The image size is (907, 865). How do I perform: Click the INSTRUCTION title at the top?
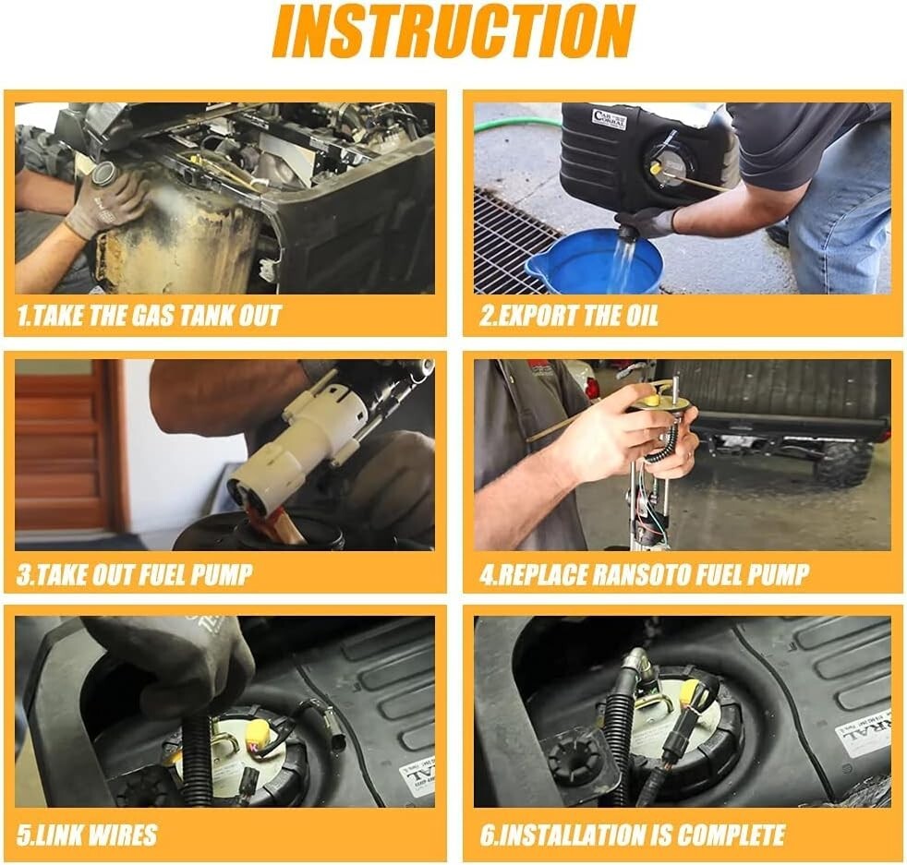click(453, 31)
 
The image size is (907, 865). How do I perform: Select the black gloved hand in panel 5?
click(174, 658)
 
